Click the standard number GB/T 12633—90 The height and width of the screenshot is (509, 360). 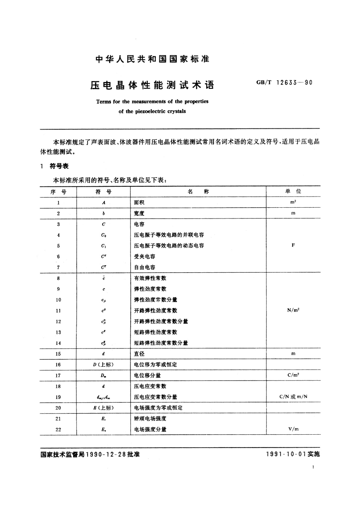tap(284, 83)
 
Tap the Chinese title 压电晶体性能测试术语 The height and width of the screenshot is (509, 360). tap(152, 85)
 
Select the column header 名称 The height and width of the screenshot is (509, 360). tap(198, 192)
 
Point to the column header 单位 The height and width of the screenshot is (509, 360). tap(293, 191)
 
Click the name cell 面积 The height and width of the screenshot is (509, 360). tap(139, 203)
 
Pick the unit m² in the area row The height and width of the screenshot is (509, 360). tap(293, 202)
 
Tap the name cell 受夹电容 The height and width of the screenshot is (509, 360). tap(144, 257)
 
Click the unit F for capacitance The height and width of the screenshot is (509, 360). tap(293, 245)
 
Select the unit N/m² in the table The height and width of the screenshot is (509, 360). tap(293, 310)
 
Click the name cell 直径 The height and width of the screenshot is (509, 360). tap(139, 354)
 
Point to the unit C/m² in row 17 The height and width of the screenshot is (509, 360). tap(293, 375)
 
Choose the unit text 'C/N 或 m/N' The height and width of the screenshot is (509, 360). tap(293, 397)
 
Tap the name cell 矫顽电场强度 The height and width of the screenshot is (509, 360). tap(150, 419)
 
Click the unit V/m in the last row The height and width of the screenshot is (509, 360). tap(293, 429)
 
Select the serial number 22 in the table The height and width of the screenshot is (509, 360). tap(58, 430)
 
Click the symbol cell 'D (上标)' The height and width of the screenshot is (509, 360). tap(103, 365)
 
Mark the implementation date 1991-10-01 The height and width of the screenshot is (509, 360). tap(287, 454)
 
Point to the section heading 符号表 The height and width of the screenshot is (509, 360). tap(59, 166)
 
